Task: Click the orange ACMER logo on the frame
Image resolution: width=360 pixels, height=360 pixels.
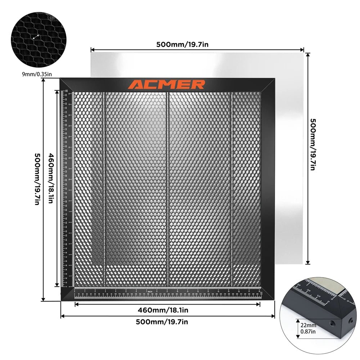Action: (x=167, y=85)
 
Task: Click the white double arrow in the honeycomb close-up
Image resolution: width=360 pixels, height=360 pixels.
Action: (x=36, y=37)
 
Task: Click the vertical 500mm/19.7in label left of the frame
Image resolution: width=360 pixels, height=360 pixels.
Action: (x=37, y=179)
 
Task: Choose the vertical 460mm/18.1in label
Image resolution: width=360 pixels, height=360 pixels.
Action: (x=50, y=179)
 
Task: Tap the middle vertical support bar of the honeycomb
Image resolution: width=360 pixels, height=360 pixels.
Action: (x=168, y=187)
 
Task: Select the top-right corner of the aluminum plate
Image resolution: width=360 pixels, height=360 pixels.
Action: (x=303, y=53)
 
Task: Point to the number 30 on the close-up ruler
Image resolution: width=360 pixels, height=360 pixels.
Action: (x=298, y=286)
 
